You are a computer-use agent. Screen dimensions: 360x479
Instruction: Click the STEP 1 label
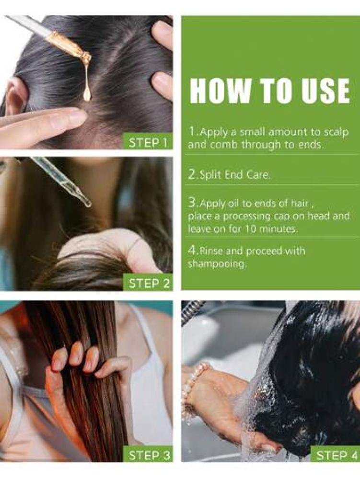pos(148,143)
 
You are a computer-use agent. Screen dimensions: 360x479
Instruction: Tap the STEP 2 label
pos(148,284)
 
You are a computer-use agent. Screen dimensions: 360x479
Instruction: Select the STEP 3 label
pos(148,456)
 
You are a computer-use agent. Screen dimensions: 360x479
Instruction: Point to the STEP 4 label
pos(336,456)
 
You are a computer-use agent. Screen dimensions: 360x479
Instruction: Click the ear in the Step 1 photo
pos(15,97)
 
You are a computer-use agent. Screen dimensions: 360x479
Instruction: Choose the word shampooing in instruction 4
pos(217,264)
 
